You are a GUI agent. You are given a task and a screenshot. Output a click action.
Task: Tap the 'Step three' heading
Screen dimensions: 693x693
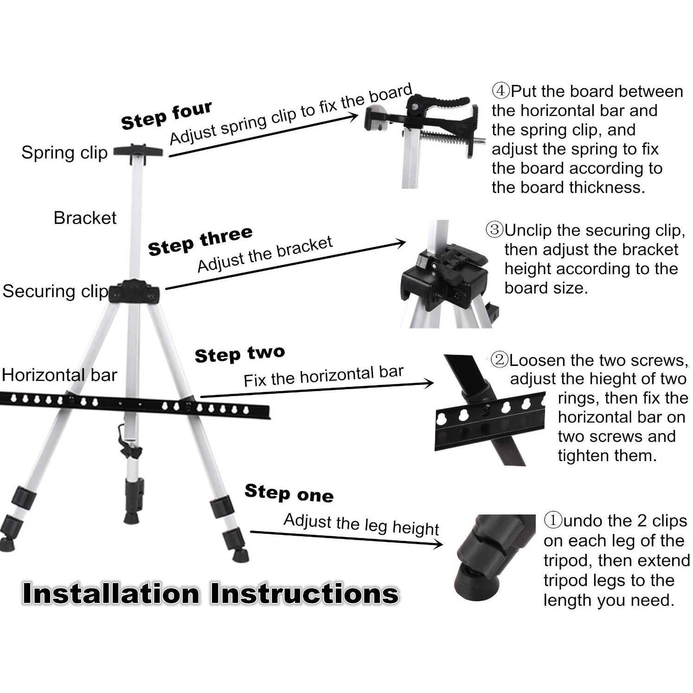pos(200,241)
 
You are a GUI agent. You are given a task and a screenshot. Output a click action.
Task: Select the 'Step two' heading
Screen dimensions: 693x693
pos(240,354)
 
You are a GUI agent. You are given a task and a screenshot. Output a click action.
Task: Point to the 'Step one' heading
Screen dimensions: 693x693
pos(289,493)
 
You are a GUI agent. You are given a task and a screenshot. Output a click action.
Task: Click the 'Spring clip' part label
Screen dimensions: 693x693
pos(64,153)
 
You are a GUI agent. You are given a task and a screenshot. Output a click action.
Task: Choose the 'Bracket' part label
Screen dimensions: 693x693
pos(85,218)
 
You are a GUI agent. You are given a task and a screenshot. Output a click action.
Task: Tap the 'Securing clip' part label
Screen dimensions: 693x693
pos(55,291)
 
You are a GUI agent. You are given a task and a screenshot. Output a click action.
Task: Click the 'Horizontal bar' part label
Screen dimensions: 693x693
pos(59,375)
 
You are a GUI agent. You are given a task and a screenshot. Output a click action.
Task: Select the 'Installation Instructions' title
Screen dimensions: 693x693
pos(210,594)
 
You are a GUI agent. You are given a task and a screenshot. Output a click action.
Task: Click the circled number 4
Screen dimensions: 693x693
pos(500,91)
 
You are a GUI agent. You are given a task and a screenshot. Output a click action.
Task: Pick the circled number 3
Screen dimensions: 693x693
pos(494,230)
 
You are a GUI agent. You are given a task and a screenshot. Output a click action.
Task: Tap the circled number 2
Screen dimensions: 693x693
pos(500,360)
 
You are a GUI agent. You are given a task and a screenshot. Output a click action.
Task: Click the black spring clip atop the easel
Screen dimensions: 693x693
pos(138,151)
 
